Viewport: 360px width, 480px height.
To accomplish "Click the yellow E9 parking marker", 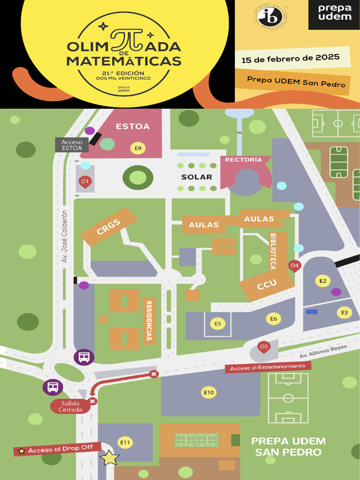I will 138,149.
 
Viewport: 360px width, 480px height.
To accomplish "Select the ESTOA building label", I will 133,127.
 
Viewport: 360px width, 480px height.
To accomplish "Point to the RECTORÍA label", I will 243,160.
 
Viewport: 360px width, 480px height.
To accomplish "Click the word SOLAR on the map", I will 197,177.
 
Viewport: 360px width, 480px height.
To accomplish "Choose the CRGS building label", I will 109,227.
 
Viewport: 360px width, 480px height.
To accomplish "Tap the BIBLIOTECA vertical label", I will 272,251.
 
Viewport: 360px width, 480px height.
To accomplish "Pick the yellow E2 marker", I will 322,281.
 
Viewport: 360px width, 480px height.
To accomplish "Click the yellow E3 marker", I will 345,312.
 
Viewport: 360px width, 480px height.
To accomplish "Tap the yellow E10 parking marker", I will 209,392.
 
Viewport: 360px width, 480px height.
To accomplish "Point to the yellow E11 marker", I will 125,442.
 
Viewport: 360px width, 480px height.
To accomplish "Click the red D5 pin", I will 264,347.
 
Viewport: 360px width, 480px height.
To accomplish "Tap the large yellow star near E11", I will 110,458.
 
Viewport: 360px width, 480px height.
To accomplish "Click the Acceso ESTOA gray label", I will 72,145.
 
